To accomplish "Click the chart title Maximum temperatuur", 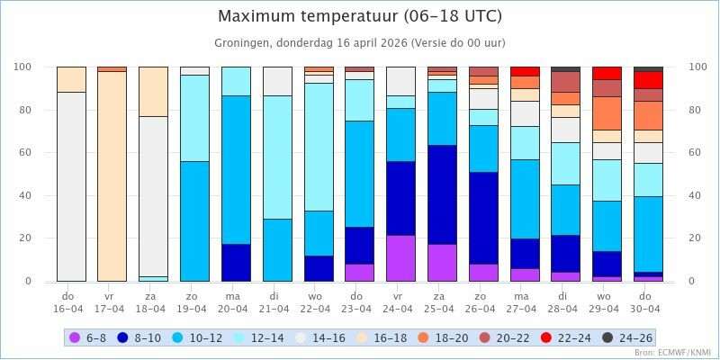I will [x=360, y=16].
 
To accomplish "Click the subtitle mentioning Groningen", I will [x=360, y=43].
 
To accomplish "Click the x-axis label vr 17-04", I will [x=110, y=301].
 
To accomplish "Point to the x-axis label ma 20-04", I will [x=233, y=301].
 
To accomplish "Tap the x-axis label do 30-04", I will [x=648, y=301].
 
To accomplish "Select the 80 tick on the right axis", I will [x=695, y=110].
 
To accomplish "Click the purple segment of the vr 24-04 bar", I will [x=400, y=258].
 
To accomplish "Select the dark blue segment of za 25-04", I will [x=442, y=194].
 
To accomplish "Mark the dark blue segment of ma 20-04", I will [x=236, y=263].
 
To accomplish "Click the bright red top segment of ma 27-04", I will [x=525, y=71].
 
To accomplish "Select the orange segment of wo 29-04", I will [x=607, y=112].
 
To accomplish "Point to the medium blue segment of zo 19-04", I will [x=194, y=221].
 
